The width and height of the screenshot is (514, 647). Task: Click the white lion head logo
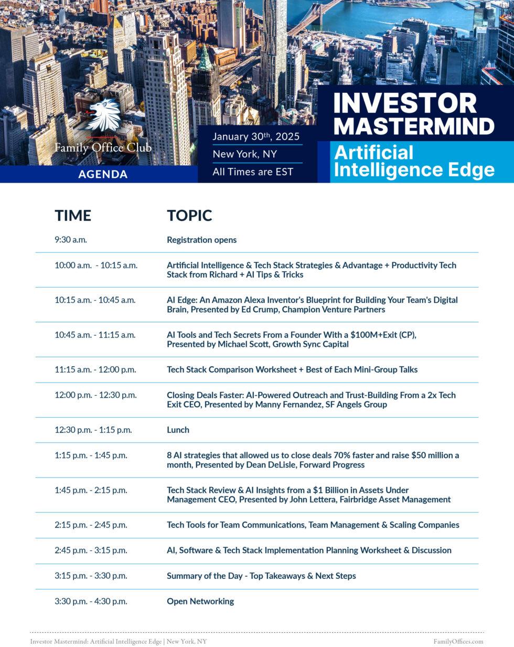pos(103,115)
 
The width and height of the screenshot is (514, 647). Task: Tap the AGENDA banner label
pos(103,174)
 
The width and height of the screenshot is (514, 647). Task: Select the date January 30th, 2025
pos(256,136)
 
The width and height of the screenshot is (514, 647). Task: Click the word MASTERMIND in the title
pos(414,126)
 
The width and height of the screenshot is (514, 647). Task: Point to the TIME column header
pos(73,216)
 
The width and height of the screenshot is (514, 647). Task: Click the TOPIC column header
pos(190,216)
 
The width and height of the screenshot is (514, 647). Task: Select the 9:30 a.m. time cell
pos(71,240)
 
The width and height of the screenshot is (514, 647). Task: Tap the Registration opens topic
pos(202,240)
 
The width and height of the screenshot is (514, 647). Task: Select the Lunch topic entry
pos(178,430)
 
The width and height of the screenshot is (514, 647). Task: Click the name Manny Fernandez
pos(288,405)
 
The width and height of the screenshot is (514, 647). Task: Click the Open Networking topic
pos(200,601)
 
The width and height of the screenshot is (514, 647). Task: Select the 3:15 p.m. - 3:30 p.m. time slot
pos(91,576)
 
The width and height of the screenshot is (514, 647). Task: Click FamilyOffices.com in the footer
pos(458,641)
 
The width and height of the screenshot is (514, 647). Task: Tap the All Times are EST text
pos(253,172)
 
